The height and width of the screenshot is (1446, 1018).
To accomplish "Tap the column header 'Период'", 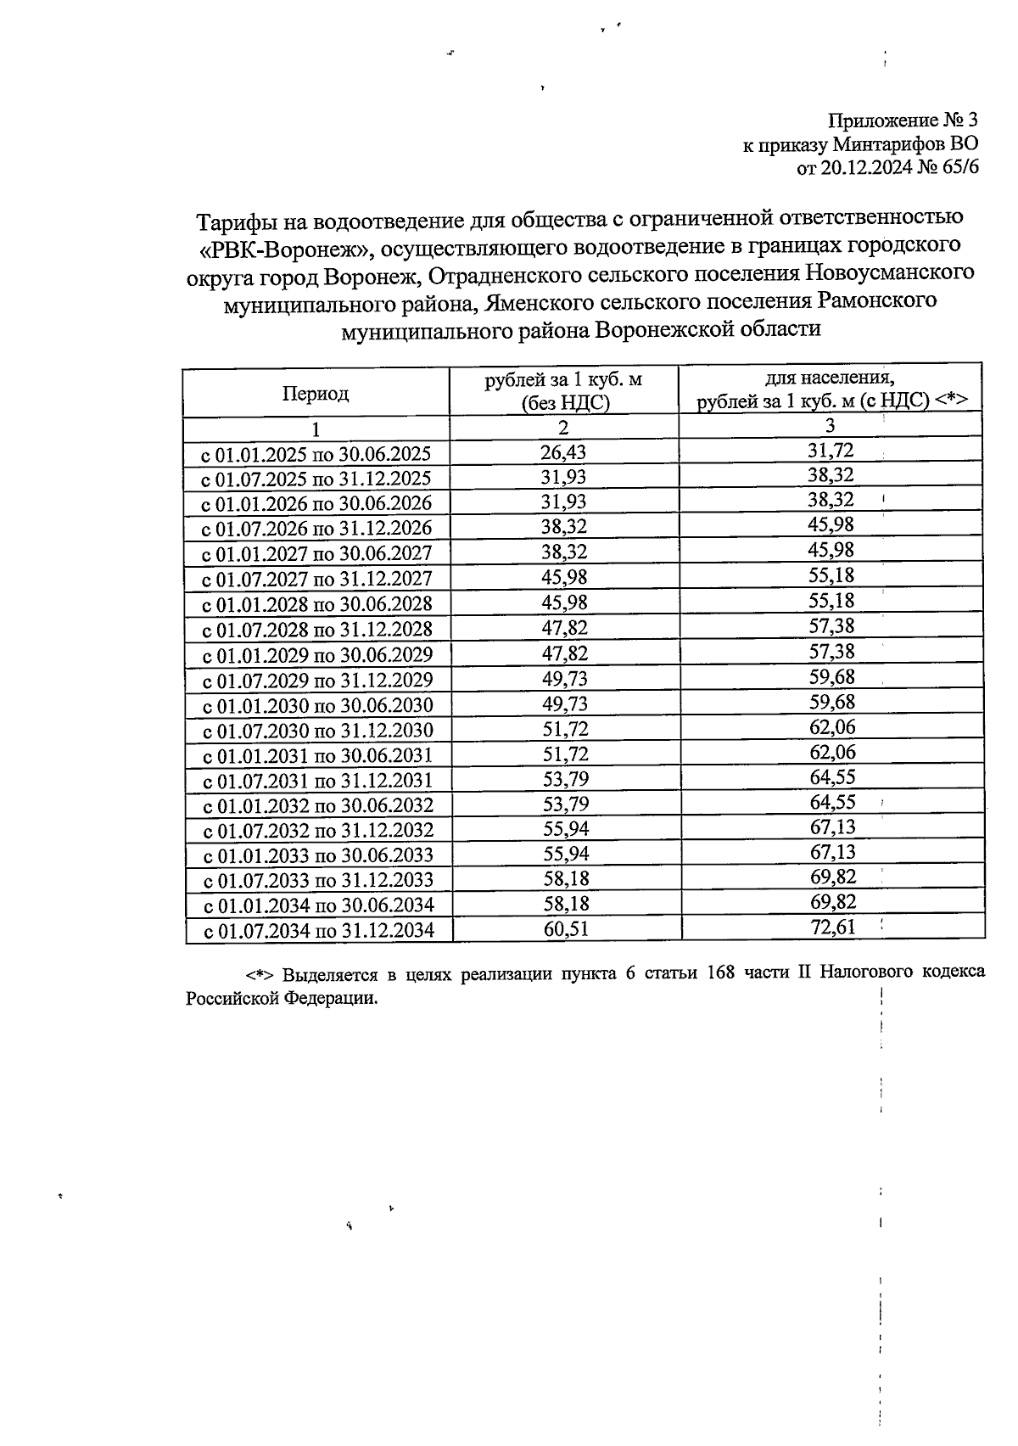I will [316, 394].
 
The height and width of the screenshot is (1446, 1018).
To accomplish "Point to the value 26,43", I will [564, 452].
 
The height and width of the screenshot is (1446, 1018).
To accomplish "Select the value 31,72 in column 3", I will [831, 450].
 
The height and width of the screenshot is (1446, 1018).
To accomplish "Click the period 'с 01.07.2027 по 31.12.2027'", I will [317, 579].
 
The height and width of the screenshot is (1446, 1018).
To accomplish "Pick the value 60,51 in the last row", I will [566, 929].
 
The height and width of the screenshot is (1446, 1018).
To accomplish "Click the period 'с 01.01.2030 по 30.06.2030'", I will [317, 705].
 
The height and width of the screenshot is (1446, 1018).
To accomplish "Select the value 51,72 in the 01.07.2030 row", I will [565, 729].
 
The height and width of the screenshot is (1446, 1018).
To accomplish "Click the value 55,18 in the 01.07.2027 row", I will [831, 575].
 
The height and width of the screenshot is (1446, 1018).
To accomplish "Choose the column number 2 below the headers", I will [564, 428].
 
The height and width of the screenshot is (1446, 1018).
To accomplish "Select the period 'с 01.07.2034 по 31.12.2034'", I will [318, 931].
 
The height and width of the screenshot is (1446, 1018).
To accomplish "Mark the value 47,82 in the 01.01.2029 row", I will [565, 653].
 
